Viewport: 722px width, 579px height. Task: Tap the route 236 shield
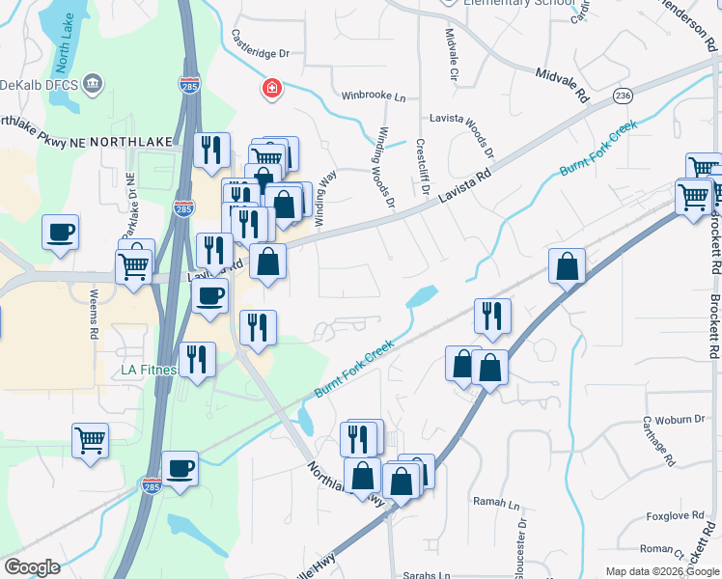(623, 96)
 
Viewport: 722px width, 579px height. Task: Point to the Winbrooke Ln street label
(374, 96)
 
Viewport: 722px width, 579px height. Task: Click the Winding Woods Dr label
(386, 167)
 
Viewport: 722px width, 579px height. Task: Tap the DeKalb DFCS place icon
(94, 83)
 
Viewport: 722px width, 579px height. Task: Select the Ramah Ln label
(496, 503)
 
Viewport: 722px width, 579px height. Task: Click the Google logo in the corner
(32, 567)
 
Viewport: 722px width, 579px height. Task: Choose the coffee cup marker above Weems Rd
(60, 233)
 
